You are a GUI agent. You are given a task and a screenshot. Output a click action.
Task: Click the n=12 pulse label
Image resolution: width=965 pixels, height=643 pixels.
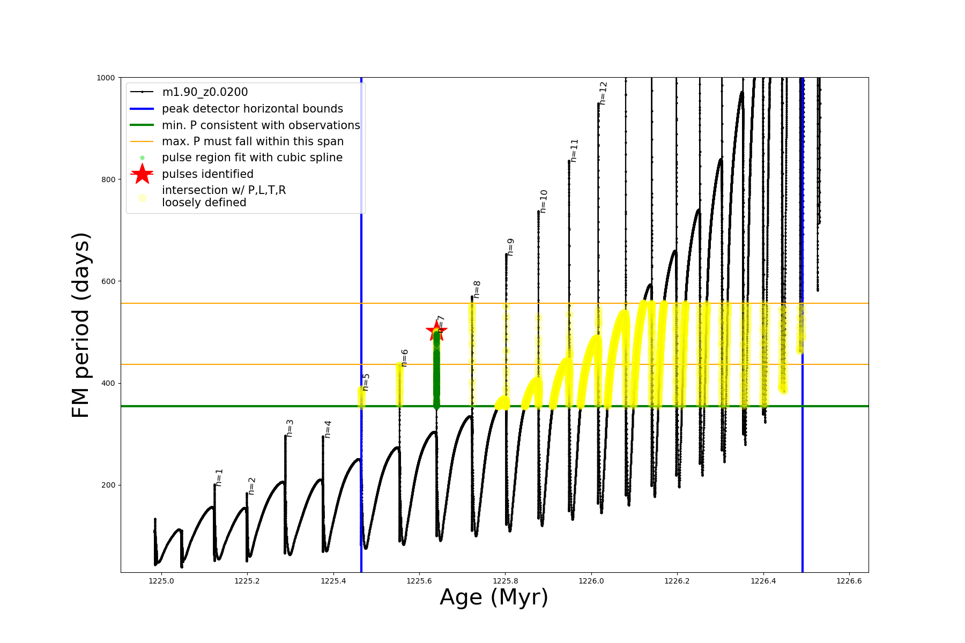(603, 93)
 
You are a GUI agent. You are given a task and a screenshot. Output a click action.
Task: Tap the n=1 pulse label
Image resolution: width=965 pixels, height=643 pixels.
(219, 477)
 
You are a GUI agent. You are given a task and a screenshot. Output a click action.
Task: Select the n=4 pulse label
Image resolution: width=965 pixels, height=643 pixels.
(328, 429)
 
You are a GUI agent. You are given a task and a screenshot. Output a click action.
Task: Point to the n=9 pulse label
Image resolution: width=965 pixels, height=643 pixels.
(510, 247)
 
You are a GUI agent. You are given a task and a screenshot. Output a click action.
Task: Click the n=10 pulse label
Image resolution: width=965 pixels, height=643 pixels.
(544, 201)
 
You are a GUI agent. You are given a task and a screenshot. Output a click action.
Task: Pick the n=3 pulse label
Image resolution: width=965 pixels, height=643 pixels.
(289, 428)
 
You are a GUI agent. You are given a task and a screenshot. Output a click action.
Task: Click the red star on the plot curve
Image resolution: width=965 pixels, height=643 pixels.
(436, 331)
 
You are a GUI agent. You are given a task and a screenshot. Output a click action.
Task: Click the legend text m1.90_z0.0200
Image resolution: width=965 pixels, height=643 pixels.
(205, 92)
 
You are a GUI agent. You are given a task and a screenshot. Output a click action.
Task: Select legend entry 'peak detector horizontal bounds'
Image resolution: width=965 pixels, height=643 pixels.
(252, 109)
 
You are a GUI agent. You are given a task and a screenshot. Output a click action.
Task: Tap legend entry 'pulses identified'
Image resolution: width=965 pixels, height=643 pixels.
(207, 174)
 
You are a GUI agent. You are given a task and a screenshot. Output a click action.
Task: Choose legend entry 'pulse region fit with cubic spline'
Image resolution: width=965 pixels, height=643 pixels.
(252, 158)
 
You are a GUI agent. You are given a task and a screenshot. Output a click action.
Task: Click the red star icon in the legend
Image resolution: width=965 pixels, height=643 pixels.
(142, 174)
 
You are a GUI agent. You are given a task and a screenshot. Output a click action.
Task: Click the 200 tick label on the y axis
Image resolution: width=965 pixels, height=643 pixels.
(109, 485)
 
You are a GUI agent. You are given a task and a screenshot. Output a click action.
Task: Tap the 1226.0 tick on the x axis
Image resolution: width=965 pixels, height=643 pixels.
(591, 581)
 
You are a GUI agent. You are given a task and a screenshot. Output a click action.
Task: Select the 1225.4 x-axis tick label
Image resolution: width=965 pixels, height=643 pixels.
(333, 581)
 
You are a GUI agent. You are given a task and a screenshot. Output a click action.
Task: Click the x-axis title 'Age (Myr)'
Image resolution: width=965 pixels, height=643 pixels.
(494, 597)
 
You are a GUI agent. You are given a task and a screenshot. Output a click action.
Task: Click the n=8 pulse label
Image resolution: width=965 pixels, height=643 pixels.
(477, 289)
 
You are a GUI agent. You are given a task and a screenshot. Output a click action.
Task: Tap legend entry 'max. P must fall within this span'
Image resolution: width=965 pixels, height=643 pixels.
(253, 141)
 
